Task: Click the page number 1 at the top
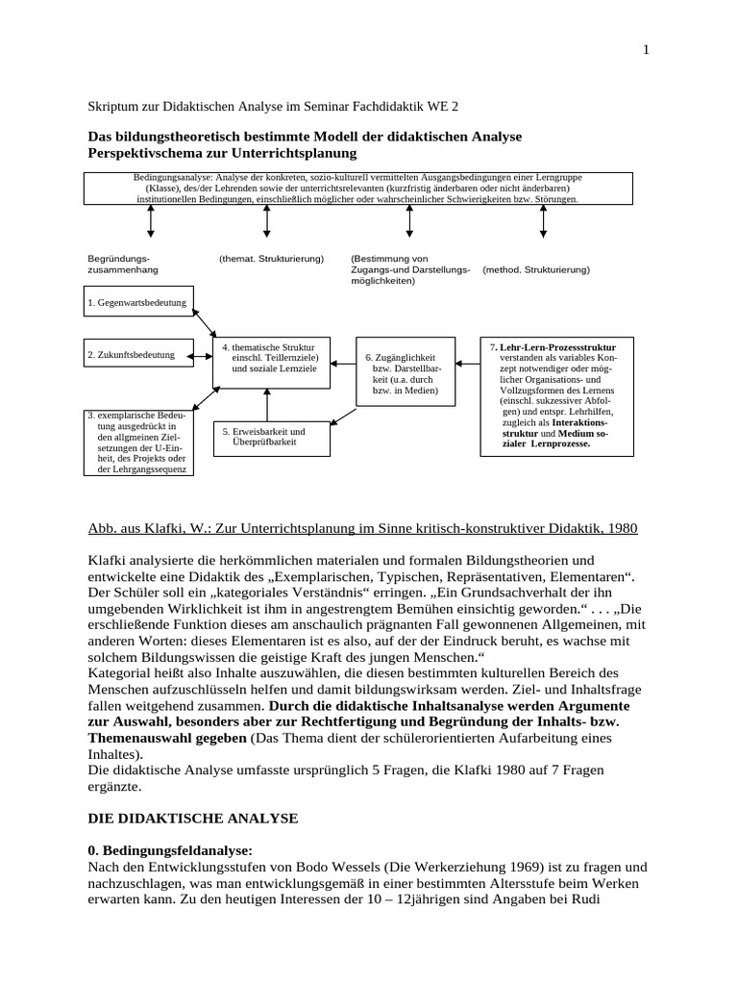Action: click(646, 51)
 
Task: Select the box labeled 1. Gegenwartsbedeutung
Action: click(140, 303)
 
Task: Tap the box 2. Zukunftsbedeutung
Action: click(140, 355)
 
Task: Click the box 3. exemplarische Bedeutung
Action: click(140, 442)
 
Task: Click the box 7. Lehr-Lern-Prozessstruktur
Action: click(553, 398)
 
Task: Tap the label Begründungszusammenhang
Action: click(119, 265)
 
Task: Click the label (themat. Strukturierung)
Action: click(272, 259)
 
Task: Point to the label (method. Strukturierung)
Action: click(536, 270)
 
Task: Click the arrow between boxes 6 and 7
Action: click(468, 365)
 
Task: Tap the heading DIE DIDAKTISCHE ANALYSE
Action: click(194, 818)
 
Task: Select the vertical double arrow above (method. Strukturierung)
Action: click(543, 220)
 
